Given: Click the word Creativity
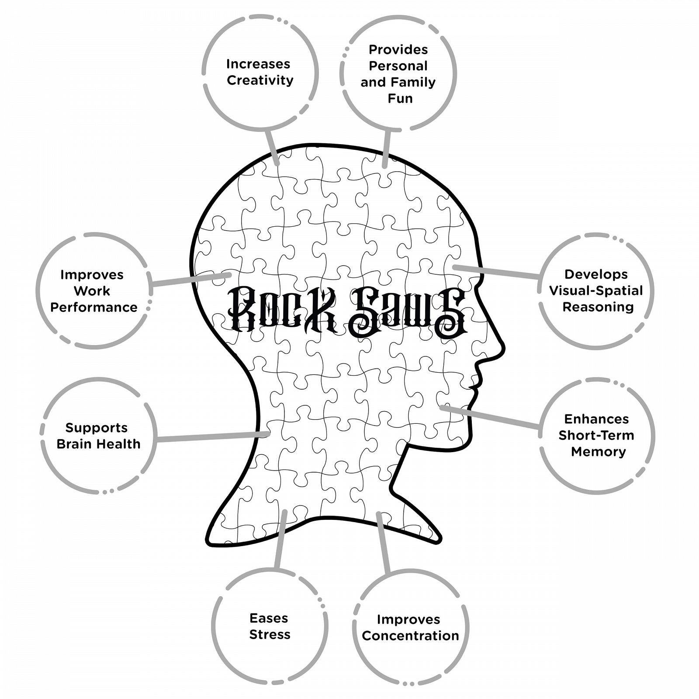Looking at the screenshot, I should [260, 80].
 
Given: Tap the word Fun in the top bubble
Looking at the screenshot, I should [400, 98].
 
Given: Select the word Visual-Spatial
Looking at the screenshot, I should [596, 291].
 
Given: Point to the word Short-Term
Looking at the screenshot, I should [596, 435].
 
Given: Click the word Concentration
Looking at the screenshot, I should [410, 636].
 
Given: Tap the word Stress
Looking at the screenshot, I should [270, 634].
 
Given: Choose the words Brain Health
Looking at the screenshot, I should [98, 444].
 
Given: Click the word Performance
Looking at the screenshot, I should [94, 307].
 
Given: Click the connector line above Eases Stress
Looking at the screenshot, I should [280, 540].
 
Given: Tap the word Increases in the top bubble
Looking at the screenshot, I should [258, 64].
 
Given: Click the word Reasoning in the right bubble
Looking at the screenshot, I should [598, 307].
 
